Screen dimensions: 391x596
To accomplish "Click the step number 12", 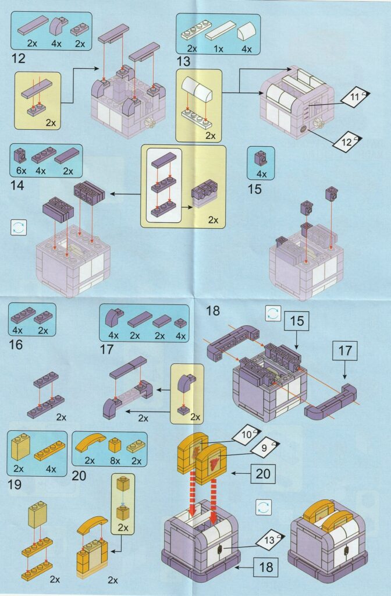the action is pos(18,58).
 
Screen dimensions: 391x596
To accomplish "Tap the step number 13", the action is pos(183,61).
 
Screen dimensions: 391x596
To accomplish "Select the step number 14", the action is pos(17,186).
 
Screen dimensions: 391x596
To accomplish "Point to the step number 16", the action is pos(16,345).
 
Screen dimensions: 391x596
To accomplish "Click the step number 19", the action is pos(15,485).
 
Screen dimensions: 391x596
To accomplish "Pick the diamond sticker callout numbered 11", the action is pos(355,97).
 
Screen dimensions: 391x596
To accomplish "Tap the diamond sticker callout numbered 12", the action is pos(347,142).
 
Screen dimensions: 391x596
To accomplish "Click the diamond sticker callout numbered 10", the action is pos(247,434).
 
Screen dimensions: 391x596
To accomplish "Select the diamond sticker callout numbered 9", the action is pos(265,448).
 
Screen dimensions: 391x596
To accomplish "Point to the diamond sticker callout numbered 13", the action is pos(269,540).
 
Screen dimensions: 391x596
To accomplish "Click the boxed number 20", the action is pos(263,474).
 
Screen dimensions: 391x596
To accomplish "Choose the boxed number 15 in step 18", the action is pos(297,321).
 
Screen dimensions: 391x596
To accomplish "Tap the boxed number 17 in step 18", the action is pos(345,350).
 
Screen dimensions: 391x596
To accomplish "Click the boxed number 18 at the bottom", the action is pos(266,567).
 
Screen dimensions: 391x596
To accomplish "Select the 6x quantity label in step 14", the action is pos(22,171).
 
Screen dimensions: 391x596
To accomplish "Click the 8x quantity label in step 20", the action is pos(115,461).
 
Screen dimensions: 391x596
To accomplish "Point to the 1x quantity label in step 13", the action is pos(219,49).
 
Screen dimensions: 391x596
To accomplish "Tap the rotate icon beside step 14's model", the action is pos(19,228).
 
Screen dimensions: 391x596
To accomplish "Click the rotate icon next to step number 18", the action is pos(273,314).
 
